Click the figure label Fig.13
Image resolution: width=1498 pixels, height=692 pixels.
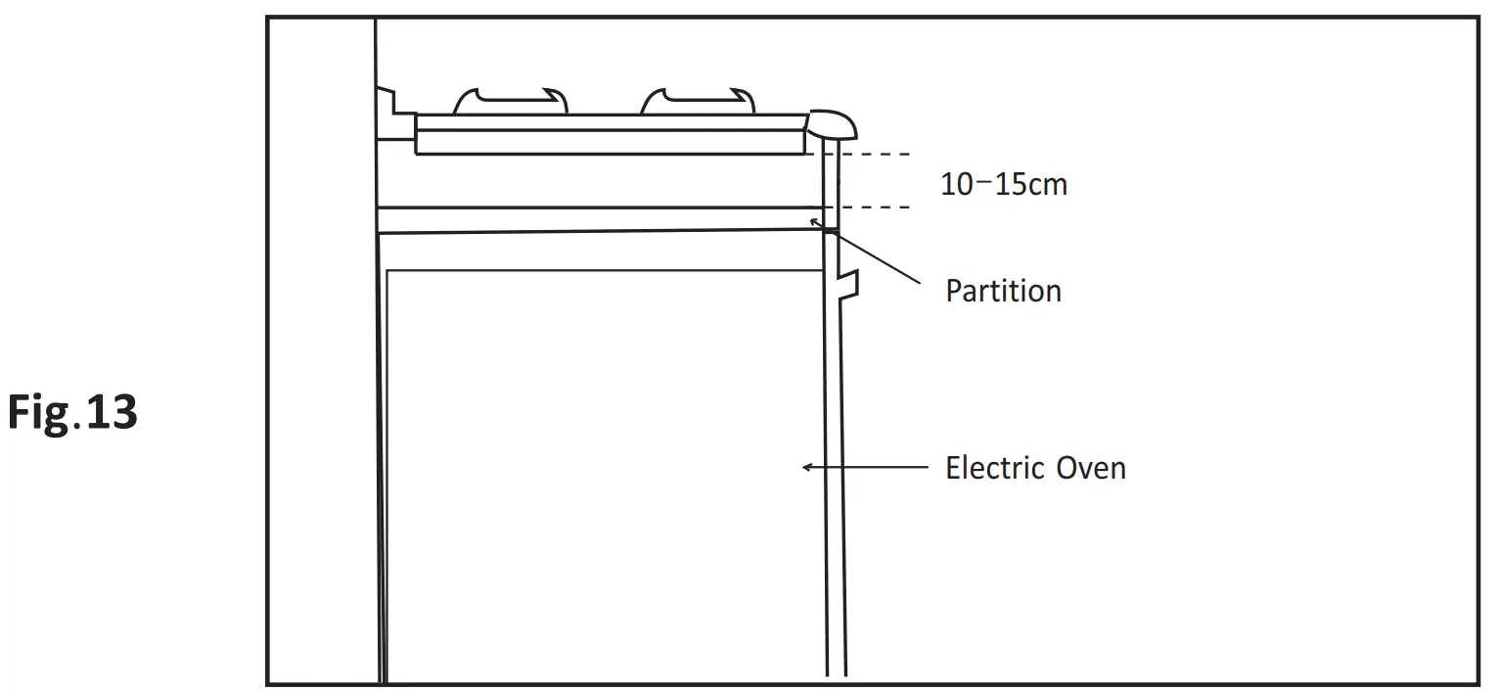[x=73, y=412]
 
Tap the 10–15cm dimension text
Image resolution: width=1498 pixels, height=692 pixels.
[x=1003, y=184]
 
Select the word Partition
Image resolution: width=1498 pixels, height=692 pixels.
[x=1003, y=291]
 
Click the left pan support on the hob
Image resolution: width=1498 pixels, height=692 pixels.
[x=509, y=99]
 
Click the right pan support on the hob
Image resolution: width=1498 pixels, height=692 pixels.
[x=697, y=99]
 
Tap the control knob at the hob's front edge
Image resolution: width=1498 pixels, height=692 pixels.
[x=832, y=123]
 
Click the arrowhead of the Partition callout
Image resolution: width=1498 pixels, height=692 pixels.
[x=814, y=222]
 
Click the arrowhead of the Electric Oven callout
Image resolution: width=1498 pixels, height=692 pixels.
[x=806, y=467]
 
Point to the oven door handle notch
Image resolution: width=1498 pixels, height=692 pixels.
[x=850, y=284]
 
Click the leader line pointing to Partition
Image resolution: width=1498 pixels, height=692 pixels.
[x=871, y=254]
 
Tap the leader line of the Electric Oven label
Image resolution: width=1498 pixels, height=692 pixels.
[x=866, y=467]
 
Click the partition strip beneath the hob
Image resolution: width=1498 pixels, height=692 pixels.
[x=597, y=220]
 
